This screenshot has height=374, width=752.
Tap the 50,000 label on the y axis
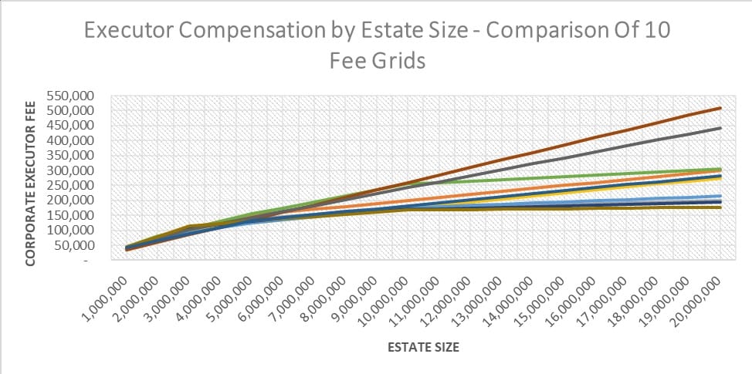coord(75,245)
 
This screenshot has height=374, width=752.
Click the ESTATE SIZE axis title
coord(423,348)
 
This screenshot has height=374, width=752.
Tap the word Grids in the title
coord(398,61)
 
